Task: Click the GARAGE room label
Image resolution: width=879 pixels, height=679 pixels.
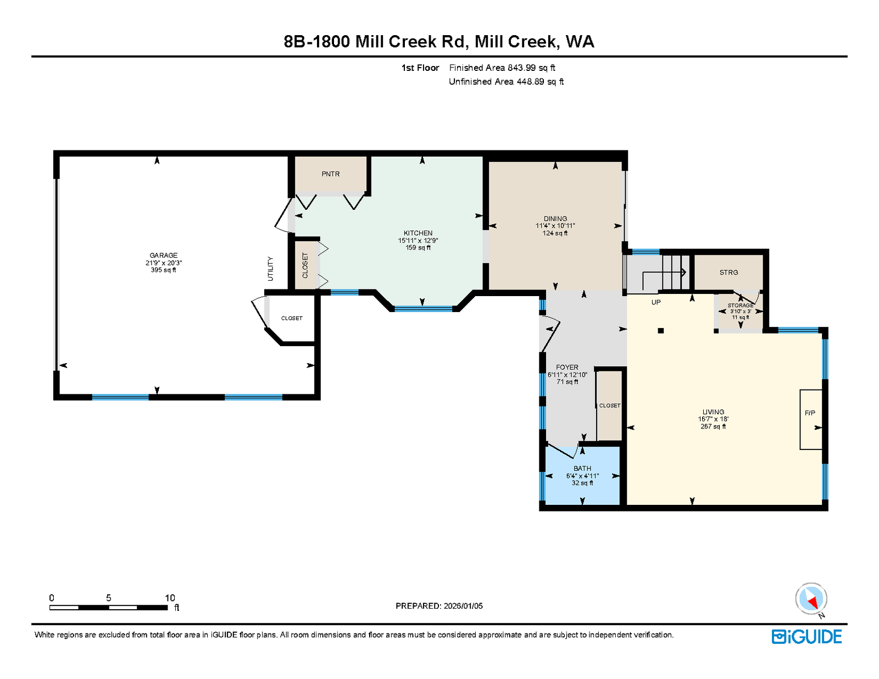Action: click(163, 255)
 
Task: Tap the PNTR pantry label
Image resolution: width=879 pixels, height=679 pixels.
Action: click(331, 174)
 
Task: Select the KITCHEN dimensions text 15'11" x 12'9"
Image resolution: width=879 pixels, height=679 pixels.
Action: click(418, 240)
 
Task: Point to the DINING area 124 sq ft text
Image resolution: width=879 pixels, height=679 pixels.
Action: click(555, 233)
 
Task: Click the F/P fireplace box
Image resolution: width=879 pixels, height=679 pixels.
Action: click(811, 419)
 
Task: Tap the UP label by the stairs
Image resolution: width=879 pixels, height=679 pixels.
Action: click(656, 302)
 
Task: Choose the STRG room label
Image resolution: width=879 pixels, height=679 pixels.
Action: click(728, 272)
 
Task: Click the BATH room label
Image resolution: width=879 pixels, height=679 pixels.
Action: click(582, 468)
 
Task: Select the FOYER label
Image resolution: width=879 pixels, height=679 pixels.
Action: click(567, 367)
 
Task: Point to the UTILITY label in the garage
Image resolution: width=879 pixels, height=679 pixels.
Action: click(270, 269)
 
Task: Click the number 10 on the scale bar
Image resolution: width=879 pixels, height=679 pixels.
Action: click(170, 598)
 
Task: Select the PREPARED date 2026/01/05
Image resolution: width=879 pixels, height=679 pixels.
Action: click(463, 606)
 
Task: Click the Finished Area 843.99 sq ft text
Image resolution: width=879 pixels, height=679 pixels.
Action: click(502, 68)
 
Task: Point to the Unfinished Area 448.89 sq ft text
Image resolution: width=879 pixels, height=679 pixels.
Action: click(506, 81)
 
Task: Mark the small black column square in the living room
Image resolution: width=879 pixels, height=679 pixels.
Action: click(660, 330)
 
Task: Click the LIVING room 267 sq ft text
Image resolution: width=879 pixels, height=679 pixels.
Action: click(713, 426)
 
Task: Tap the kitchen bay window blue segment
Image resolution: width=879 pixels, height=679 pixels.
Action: click(423, 309)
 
